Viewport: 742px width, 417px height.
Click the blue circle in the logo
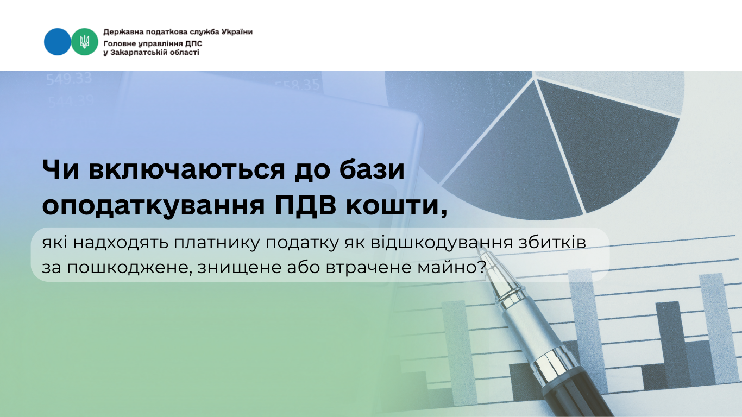point(57,42)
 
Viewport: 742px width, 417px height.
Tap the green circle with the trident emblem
point(85,42)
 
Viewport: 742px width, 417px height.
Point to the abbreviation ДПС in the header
point(194,44)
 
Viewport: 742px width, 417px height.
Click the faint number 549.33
point(68,79)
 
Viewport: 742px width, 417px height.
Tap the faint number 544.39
point(71,102)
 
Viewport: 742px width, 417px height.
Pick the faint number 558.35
point(297,85)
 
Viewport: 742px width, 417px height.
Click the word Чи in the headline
point(61,170)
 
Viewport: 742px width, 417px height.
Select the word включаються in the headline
point(187,170)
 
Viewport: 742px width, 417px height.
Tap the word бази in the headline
point(372,170)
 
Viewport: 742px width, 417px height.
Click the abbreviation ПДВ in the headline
point(306,206)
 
